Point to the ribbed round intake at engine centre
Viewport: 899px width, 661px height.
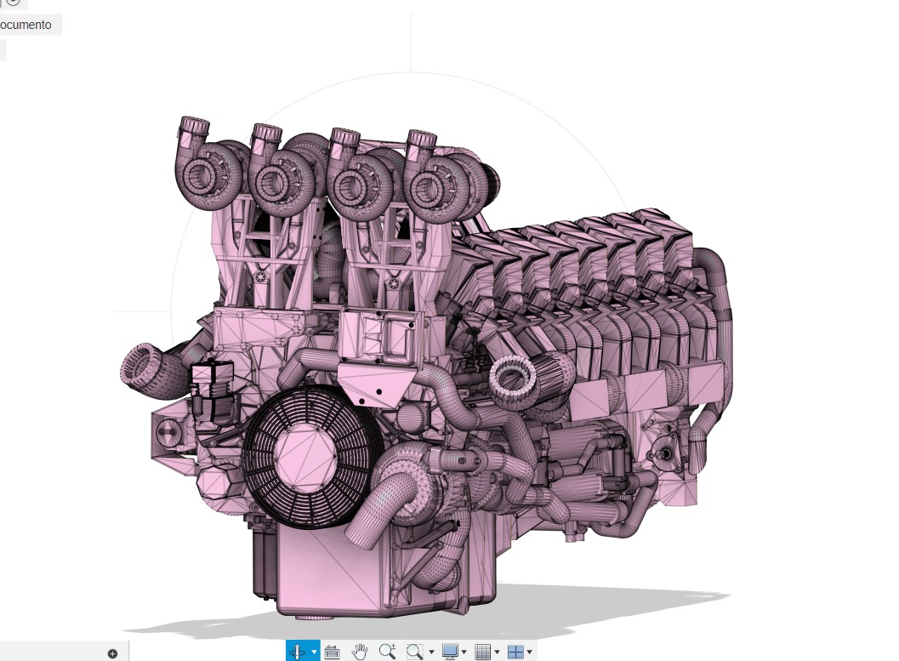pyautogui.click(x=513, y=375)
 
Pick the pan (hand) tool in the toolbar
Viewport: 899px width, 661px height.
pyautogui.click(x=360, y=652)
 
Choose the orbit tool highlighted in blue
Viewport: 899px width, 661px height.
pyautogui.click(x=298, y=652)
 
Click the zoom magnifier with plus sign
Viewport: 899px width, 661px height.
pyautogui.click(x=387, y=652)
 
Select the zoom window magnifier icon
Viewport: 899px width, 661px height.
pyautogui.click(x=414, y=652)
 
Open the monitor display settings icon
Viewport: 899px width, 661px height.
pyautogui.click(x=450, y=652)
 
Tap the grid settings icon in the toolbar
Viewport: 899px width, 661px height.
pyautogui.click(x=482, y=652)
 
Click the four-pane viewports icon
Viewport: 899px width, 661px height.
pyautogui.click(x=515, y=652)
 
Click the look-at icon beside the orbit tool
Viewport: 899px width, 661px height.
pyautogui.click(x=332, y=652)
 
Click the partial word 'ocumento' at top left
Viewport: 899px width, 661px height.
pyautogui.click(x=26, y=25)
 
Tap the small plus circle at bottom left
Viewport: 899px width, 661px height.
pyautogui.click(x=112, y=653)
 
